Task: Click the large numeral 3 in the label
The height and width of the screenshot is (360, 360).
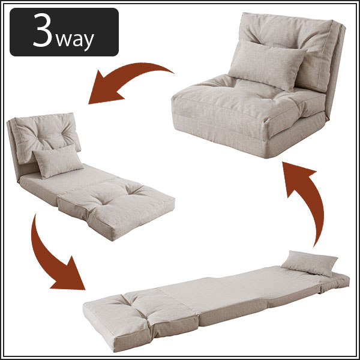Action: point(43,30)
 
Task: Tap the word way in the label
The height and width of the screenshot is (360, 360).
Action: point(75,40)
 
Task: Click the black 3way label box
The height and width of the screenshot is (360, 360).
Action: point(64,32)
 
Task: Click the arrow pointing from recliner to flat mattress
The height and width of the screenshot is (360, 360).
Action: point(46,259)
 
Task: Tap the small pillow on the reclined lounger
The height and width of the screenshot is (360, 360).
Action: point(58,161)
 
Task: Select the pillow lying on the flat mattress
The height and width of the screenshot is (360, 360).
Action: point(310,263)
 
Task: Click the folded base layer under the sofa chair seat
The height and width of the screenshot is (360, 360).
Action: point(241,136)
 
